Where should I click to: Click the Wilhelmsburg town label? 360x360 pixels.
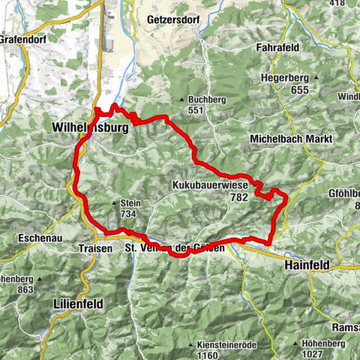click(x=90, y=128)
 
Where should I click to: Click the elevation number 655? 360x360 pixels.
click(x=301, y=89)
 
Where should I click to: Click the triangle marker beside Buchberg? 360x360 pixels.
click(x=182, y=100)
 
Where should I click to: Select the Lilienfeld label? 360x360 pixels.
click(x=78, y=303)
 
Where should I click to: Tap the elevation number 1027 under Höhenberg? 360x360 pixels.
click(x=334, y=355)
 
